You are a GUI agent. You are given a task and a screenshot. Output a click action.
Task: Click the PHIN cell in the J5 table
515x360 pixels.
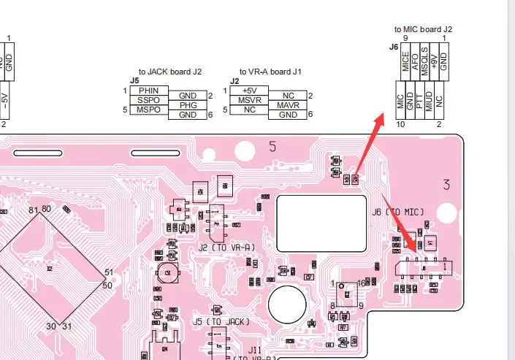pos(148,91)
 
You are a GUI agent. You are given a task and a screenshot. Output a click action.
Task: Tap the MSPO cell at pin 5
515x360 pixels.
pos(148,110)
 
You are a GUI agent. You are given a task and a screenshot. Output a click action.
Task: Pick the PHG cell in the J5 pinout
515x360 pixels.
pos(188,105)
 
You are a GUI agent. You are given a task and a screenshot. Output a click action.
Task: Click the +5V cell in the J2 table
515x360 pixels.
pos(248,91)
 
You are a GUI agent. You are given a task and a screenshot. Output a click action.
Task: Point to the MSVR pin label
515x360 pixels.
pos(248,100)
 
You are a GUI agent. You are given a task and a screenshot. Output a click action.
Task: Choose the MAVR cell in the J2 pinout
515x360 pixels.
pos(288,106)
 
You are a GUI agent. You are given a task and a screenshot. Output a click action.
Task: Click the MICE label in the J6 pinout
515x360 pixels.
pos(405,61)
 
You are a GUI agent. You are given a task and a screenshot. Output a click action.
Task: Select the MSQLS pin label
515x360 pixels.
pos(424,60)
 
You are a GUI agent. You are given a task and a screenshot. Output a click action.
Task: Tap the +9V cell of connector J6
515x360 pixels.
pos(434,61)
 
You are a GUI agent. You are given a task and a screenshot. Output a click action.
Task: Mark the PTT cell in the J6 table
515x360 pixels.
pos(419,102)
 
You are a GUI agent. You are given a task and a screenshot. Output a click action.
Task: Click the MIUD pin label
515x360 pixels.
pos(429,102)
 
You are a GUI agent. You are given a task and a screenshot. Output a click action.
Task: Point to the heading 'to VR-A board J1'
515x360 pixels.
pos(270,72)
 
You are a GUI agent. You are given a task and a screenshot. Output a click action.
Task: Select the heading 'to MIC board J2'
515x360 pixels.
pos(424,29)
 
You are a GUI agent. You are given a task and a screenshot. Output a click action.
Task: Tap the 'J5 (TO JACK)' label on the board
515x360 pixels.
pos(221,321)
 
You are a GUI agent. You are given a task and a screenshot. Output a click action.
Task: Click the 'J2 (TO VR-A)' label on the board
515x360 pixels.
pos(226,248)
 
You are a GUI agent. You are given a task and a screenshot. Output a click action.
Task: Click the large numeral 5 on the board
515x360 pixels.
pos(272,147)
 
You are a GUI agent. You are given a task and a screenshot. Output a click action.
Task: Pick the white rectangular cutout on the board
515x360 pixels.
pos(319,214)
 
